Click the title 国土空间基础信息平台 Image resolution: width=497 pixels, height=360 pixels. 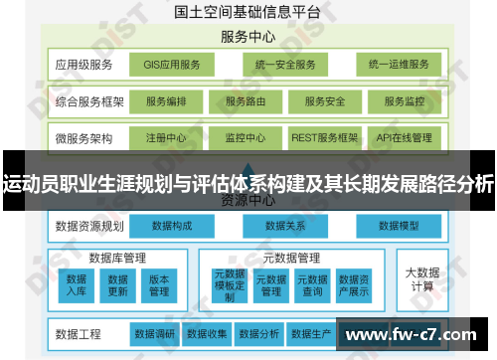click(x=248, y=13)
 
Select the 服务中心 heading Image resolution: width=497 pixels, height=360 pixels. click(x=248, y=38)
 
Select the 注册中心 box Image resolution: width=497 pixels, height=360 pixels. click(x=163, y=137)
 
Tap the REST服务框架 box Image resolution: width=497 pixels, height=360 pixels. click(x=323, y=137)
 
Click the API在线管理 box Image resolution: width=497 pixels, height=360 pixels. click(x=404, y=137)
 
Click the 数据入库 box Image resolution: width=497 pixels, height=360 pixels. click(x=77, y=284)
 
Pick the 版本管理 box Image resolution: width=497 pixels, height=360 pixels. click(x=159, y=284)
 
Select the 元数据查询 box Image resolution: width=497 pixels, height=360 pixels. click(x=311, y=284)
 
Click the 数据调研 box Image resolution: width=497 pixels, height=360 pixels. click(x=154, y=333)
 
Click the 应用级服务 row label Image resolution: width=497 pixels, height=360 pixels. click(x=84, y=65)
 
